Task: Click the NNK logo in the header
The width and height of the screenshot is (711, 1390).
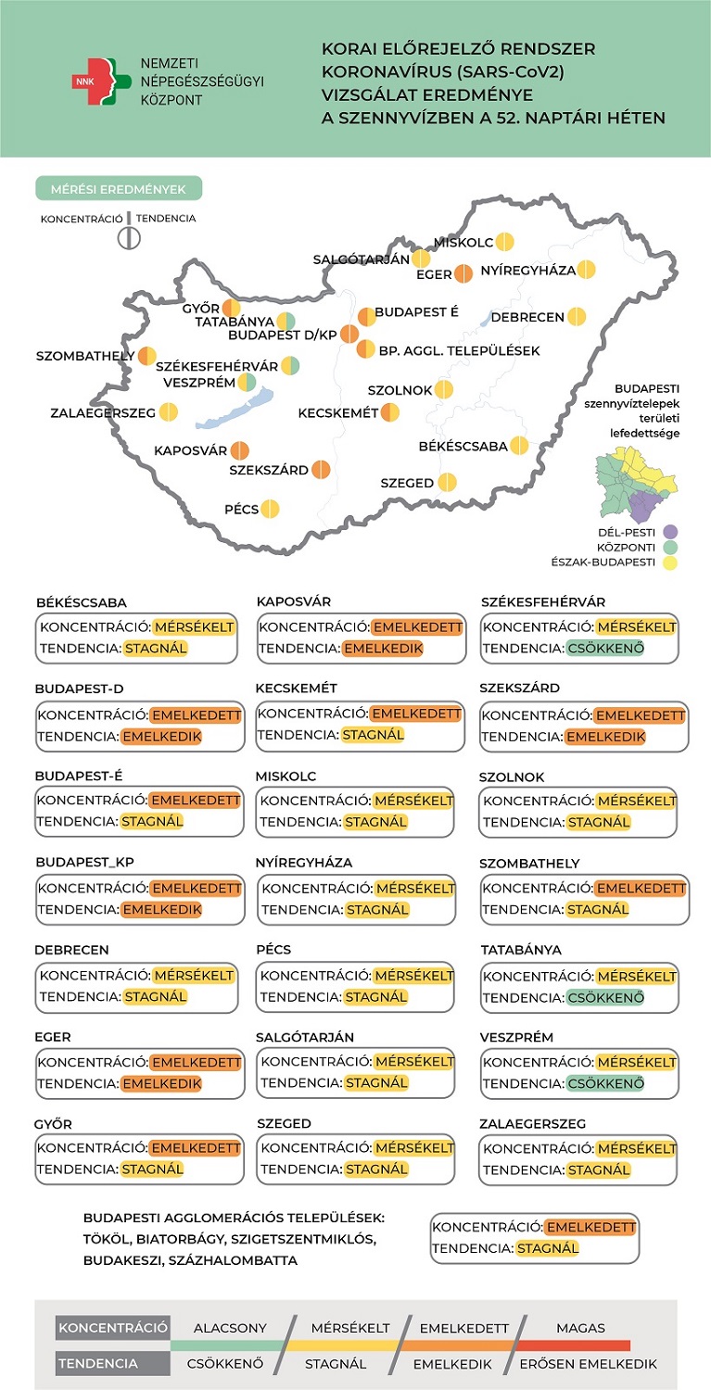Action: click(101, 82)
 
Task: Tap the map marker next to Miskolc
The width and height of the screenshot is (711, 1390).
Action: click(505, 241)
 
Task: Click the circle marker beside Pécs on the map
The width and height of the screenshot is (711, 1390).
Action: click(270, 509)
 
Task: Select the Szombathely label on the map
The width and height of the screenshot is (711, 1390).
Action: click(85, 356)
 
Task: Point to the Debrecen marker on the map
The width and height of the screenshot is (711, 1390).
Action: click(577, 317)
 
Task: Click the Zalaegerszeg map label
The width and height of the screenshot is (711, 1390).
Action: click(103, 412)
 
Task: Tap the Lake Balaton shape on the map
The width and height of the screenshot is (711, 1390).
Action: click(235, 409)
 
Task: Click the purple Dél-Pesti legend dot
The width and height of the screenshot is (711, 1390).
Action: click(669, 532)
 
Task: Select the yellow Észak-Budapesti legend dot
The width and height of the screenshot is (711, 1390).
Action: click(669, 562)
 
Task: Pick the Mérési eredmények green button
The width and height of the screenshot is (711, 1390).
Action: click(119, 189)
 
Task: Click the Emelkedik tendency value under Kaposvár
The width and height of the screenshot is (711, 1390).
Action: click(383, 649)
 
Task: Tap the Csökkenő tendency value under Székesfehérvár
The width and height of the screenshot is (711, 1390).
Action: click(605, 649)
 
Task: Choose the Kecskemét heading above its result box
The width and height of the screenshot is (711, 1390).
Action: click(297, 689)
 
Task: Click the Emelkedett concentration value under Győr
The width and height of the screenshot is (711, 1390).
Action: click(196, 1148)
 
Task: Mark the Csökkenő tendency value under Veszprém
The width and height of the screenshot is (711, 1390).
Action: click(605, 1083)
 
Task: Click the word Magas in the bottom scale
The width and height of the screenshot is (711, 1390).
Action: click(580, 1328)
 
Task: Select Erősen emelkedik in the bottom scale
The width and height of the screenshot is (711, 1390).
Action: click(588, 1364)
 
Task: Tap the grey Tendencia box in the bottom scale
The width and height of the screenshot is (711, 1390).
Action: click(112, 1363)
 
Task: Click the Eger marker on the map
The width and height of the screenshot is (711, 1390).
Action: click(463, 273)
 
